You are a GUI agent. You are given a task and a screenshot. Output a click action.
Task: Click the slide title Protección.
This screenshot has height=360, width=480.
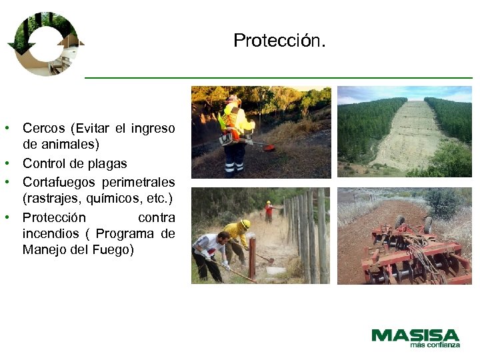(x=280, y=41)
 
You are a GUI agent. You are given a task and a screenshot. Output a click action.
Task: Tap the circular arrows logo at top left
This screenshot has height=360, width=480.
(x=45, y=44)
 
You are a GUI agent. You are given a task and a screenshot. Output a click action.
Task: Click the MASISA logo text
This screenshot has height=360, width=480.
(x=415, y=335)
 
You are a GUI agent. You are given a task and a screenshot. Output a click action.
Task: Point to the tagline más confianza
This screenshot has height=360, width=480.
(x=435, y=345)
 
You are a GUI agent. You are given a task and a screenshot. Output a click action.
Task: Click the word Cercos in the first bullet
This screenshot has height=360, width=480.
(x=44, y=127)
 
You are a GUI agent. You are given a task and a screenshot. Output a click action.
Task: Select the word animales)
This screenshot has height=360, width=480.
(x=69, y=144)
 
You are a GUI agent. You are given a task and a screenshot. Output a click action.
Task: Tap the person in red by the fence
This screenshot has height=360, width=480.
(x=268, y=211)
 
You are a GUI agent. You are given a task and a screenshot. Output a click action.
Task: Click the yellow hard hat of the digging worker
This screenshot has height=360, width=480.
(x=245, y=225)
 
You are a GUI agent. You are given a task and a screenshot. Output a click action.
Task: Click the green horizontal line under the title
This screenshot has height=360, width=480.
(x=279, y=78)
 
